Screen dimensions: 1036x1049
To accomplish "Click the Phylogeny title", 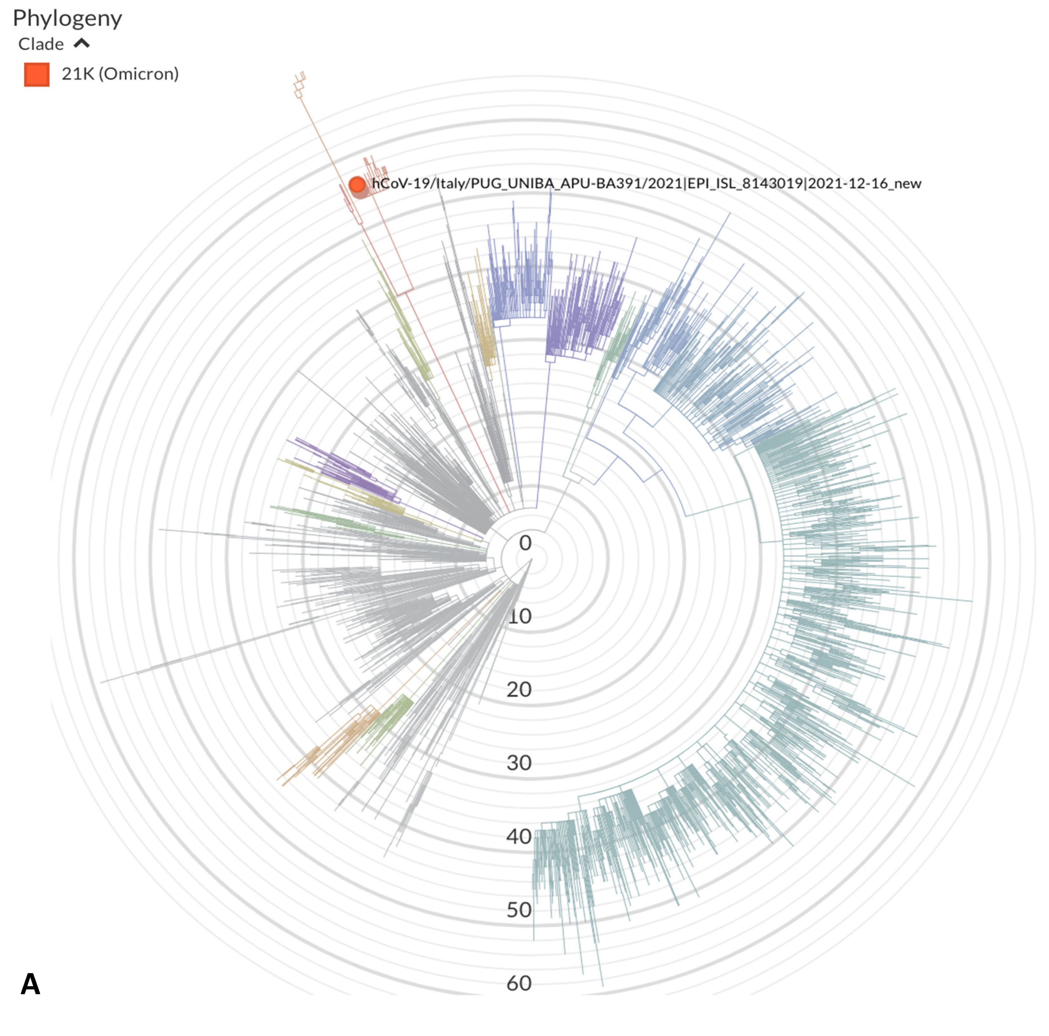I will coord(67,19).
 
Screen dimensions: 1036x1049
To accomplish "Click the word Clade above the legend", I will coord(41,44).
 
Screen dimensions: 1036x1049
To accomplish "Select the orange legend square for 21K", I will coord(36,74).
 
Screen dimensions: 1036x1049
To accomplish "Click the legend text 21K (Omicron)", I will coord(120,74).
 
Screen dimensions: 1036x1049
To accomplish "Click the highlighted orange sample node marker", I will coord(357,185).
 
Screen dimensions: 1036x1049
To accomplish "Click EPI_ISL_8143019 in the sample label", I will coord(745,184).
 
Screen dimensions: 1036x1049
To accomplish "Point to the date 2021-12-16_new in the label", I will coord(864,184).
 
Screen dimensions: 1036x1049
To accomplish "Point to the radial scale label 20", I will coord(519,689).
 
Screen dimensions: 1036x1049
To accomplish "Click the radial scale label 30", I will coord(519,763).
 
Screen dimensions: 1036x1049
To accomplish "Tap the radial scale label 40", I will coord(519,837).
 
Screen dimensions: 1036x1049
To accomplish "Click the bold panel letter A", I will coord(30,984).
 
